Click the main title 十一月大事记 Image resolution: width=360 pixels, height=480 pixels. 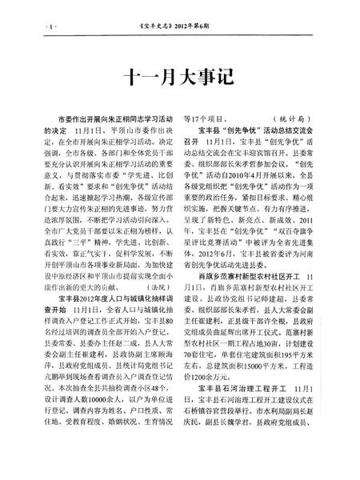tap(179, 77)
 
